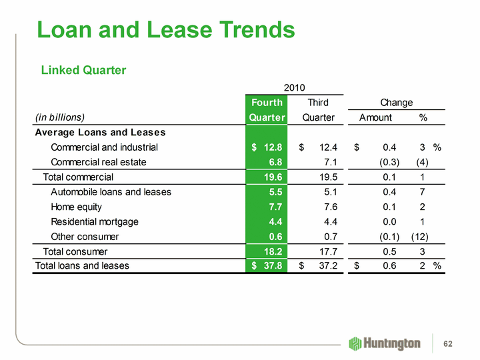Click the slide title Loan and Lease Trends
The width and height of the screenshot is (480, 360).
(x=166, y=29)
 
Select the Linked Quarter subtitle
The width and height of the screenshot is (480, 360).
(x=84, y=70)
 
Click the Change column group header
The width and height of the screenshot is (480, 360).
(x=396, y=102)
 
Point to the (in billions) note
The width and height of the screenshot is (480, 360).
(x=60, y=117)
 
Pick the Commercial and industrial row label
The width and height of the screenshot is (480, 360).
(x=105, y=147)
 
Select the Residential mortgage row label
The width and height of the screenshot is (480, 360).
(x=95, y=221)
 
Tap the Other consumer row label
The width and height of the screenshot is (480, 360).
(x=85, y=236)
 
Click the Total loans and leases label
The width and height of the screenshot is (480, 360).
(x=82, y=266)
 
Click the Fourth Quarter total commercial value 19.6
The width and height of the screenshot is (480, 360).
(x=270, y=177)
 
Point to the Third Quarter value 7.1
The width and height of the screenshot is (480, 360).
(x=329, y=162)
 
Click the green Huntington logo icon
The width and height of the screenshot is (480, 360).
(x=355, y=343)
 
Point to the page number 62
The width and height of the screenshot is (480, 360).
(x=448, y=344)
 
